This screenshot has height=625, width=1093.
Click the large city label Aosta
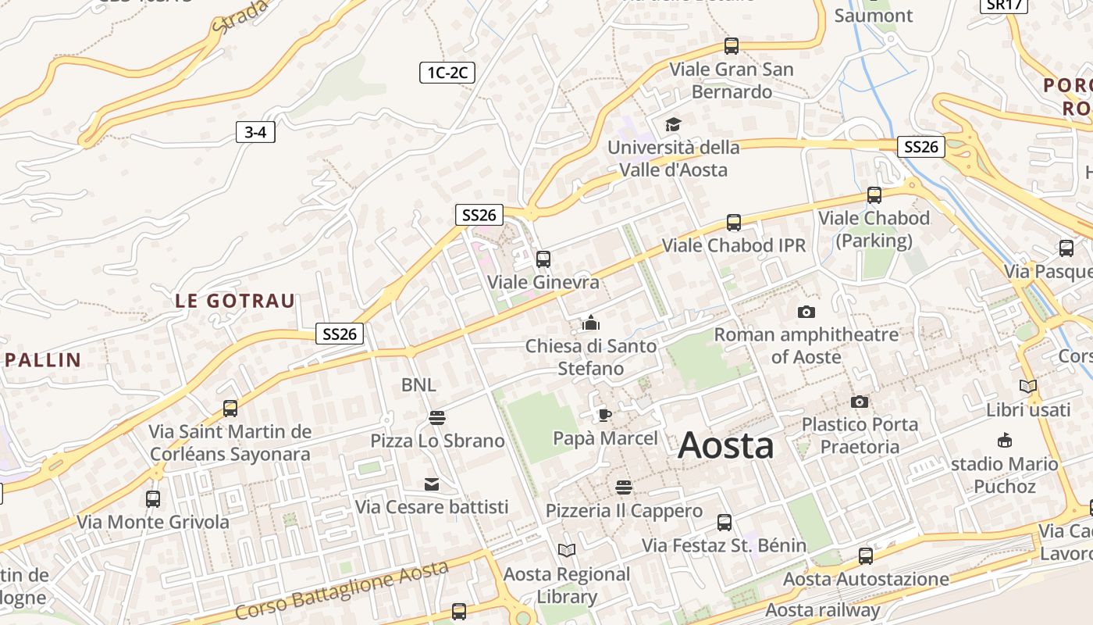pyautogui.click(x=726, y=445)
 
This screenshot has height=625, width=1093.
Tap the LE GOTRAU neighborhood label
pyautogui.click(x=235, y=301)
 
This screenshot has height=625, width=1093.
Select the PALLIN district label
pyautogui.click(x=43, y=360)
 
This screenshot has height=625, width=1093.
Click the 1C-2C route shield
pyautogui.click(x=447, y=73)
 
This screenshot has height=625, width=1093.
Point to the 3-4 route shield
pyautogui.click(x=255, y=132)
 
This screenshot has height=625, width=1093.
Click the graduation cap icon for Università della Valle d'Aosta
pyautogui.click(x=673, y=124)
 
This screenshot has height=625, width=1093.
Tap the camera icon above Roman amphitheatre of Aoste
pyautogui.click(x=806, y=312)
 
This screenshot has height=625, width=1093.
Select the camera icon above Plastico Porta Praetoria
pyautogui.click(x=860, y=402)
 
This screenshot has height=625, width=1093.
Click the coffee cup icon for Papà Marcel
pyautogui.click(x=604, y=415)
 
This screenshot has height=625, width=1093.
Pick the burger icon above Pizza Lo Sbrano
pyautogui.click(x=437, y=418)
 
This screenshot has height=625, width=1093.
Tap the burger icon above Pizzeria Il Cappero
pyautogui.click(x=624, y=488)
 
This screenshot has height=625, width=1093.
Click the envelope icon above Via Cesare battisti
pyautogui.click(x=432, y=484)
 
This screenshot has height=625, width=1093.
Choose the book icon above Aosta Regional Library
pyautogui.click(x=567, y=551)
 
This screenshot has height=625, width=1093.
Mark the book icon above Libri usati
pyautogui.click(x=1028, y=387)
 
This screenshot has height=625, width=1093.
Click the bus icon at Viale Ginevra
pyautogui.click(x=543, y=259)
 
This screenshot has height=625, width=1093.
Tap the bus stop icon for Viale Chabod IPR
pyautogui.click(x=734, y=223)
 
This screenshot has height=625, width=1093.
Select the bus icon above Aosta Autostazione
pyautogui.click(x=866, y=556)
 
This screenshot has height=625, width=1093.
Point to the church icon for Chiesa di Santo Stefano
pyautogui.click(x=590, y=322)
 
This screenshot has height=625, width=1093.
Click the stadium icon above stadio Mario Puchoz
pyautogui.click(x=1005, y=441)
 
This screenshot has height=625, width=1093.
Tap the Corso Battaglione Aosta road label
pyautogui.click(x=341, y=590)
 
